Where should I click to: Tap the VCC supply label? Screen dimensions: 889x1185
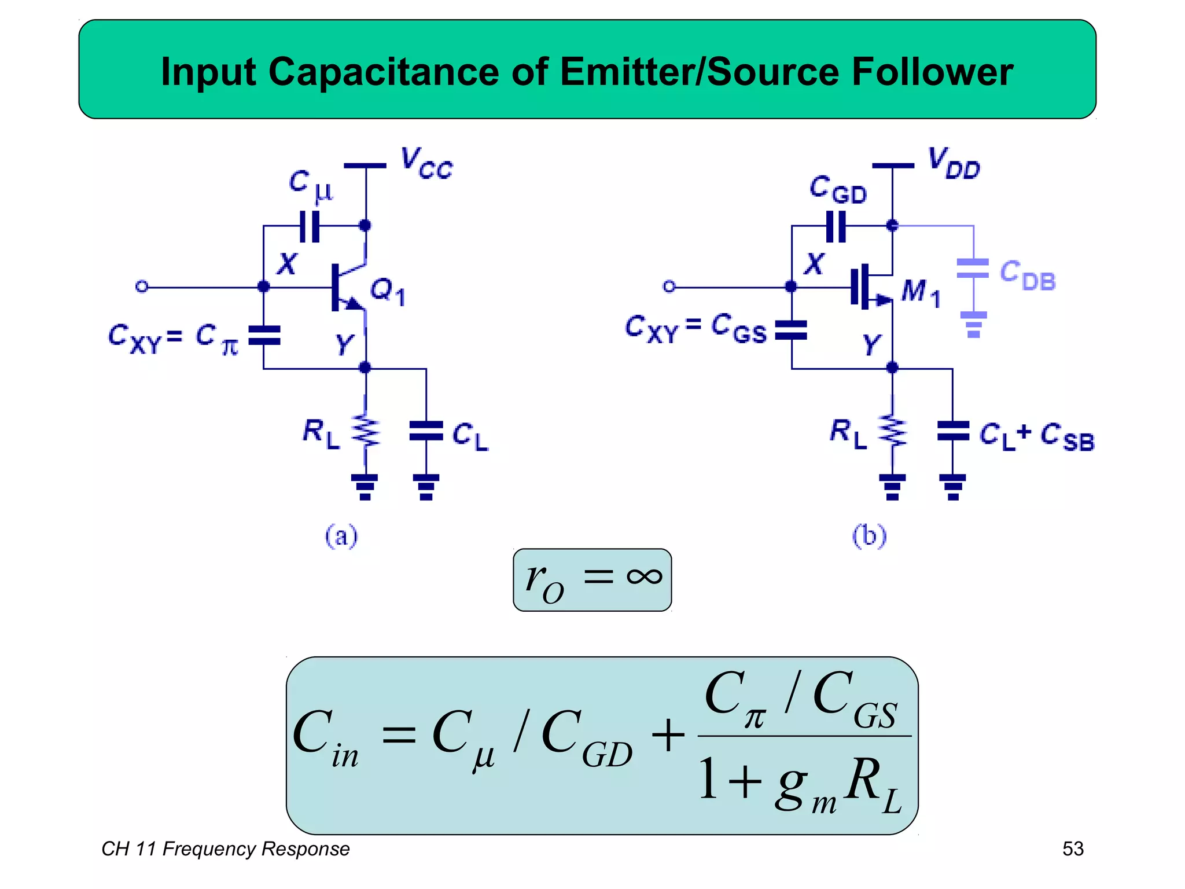point(426,164)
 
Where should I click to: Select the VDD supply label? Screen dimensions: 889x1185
point(954,164)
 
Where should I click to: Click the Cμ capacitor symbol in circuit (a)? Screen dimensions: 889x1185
point(310,226)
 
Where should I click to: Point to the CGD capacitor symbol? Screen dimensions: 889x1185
point(836,226)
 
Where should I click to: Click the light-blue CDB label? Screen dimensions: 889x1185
point(1028,276)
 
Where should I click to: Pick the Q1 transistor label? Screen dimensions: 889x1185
point(387,291)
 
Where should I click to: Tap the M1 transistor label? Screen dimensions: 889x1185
point(920,292)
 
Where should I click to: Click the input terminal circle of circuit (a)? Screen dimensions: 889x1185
point(142,286)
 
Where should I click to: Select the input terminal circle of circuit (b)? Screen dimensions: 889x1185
point(669,286)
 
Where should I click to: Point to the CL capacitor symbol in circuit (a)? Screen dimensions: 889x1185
point(426,432)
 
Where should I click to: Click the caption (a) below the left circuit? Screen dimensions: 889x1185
point(341,536)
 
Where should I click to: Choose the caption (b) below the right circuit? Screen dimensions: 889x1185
point(869,536)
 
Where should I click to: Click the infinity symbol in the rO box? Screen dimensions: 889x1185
point(644,576)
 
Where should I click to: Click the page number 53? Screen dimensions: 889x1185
point(1073,848)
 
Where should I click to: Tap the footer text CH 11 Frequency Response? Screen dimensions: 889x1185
point(226,848)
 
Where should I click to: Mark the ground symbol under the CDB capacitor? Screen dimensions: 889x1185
point(973,325)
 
